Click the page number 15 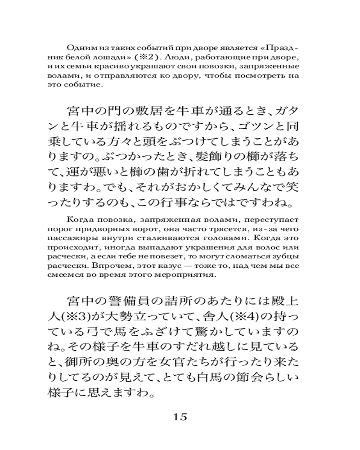(x=180, y=416)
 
